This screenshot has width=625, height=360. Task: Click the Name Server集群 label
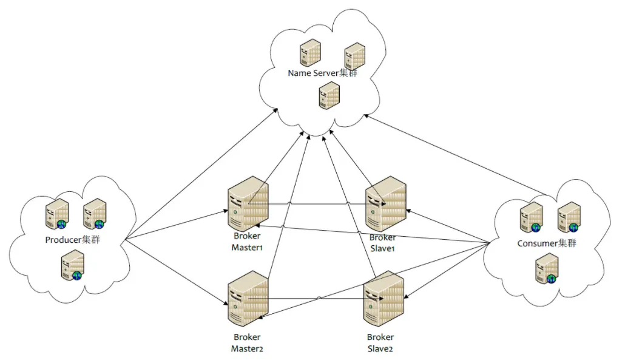point(323,73)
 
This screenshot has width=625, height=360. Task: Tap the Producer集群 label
point(72,240)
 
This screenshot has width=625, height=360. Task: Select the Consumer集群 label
point(546,243)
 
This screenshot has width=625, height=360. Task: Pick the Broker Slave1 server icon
point(385,204)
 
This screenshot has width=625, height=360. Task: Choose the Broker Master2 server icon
point(248,298)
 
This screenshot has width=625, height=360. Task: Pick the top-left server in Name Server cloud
point(309,53)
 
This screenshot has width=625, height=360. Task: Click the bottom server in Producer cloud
point(72,266)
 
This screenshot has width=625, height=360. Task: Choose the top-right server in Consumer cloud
point(569,217)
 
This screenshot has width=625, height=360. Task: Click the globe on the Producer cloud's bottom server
point(77,276)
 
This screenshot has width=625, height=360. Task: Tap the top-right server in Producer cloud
point(94,213)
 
